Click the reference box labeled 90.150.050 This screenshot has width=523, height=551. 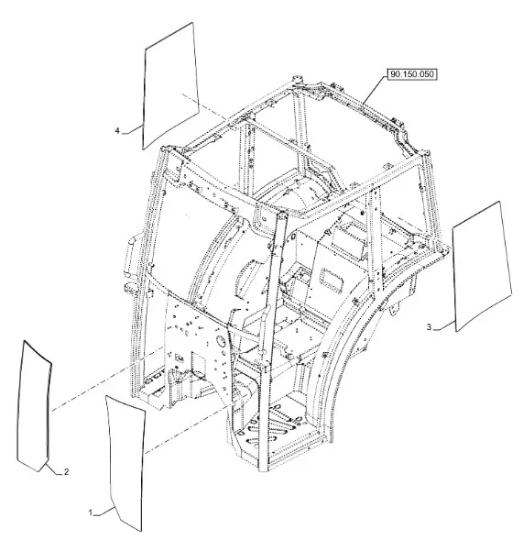point(412,74)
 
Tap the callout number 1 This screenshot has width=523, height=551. point(91,512)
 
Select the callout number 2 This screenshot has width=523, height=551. point(66,472)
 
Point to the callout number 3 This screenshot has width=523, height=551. point(429,327)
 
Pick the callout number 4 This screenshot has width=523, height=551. point(117,131)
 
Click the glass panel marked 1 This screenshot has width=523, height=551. point(125,463)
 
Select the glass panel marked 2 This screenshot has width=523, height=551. point(34,407)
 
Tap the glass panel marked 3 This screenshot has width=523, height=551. point(483,267)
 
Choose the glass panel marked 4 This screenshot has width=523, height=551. point(170,87)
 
